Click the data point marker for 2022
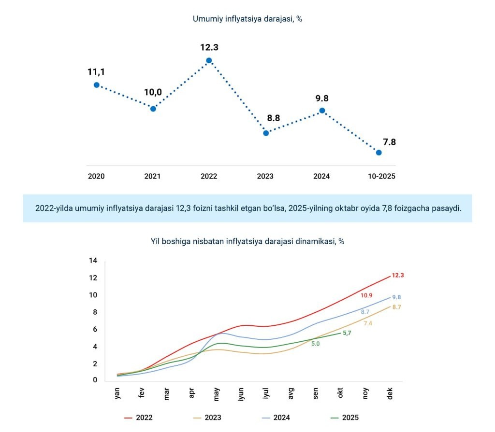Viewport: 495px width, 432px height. click(209, 60)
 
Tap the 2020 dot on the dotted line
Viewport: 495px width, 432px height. click(97, 84)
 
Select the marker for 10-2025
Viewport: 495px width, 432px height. click(379, 153)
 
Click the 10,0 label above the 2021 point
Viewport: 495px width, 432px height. click(152, 92)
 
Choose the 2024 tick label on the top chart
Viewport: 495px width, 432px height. click(321, 176)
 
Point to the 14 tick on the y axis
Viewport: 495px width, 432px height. click(93, 261)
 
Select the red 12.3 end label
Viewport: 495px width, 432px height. click(398, 276)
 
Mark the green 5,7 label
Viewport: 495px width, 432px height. click(347, 333)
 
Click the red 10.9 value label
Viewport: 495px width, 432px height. click(366, 295)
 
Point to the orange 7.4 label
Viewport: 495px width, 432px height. click(368, 323)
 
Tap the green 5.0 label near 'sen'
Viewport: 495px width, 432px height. click(315, 344)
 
